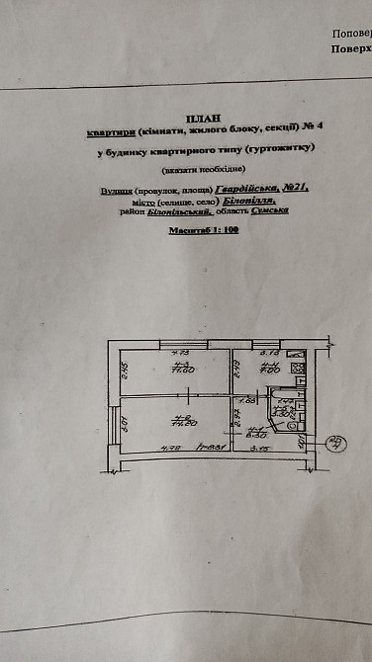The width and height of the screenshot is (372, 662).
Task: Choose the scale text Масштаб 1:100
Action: pos(205,228)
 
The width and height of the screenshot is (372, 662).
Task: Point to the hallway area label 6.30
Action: pos(259,432)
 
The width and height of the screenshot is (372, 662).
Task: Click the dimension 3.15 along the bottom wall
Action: pos(261,449)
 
